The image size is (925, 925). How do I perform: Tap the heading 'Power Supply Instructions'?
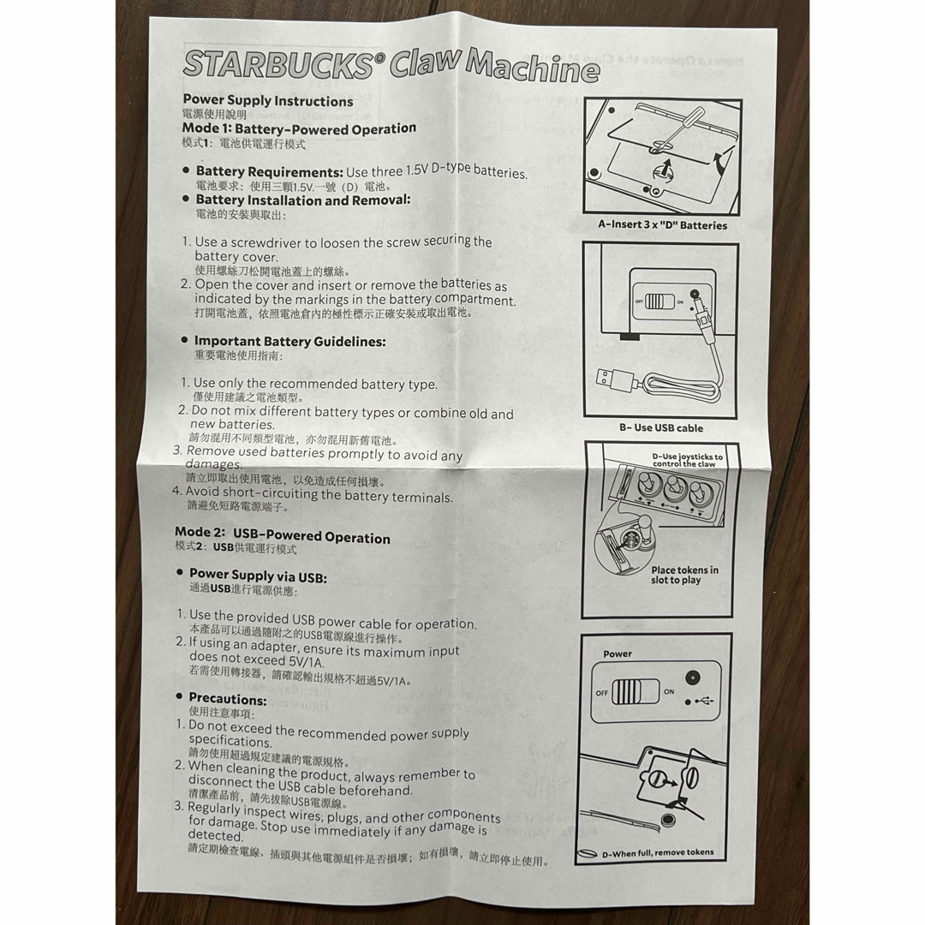tap(268, 101)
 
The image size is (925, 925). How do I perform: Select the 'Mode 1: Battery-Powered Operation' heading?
tap(299, 128)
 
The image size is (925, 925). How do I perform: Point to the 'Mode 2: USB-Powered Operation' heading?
tap(283, 535)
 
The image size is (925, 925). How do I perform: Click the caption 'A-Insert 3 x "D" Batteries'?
tap(662, 224)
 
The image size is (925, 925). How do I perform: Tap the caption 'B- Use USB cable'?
tap(660, 427)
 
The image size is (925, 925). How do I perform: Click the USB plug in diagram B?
tap(615, 379)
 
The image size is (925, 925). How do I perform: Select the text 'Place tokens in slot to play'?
tap(684, 575)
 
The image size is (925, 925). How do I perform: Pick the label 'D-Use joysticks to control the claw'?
tap(687, 460)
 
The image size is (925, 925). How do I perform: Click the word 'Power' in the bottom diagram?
tap(617, 653)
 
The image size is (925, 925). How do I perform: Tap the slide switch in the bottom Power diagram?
tap(635, 691)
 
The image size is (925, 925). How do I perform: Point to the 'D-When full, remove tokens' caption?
tap(658, 852)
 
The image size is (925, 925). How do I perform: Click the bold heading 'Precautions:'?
tap(228, 700)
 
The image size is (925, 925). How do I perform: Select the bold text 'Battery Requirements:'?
tap(270, 171)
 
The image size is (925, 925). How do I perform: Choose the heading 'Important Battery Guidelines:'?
tap(290, 342)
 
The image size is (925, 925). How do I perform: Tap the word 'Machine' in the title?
tap(532, 67)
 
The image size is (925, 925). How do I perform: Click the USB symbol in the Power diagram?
tap(704, 701)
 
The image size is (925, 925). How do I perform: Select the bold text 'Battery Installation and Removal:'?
tap(303, 200)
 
